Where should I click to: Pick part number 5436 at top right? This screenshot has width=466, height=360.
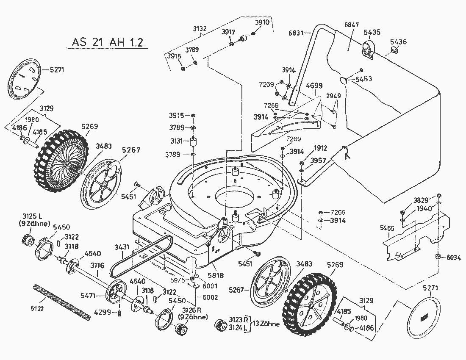(x=398, y=42)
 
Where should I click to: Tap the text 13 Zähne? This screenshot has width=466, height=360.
(x=266, y=324)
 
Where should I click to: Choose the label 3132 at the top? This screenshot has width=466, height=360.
(x=200, y=29)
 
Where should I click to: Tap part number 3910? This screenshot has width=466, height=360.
(x=262, y=22)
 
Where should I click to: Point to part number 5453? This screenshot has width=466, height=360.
(x=364, y=79)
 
